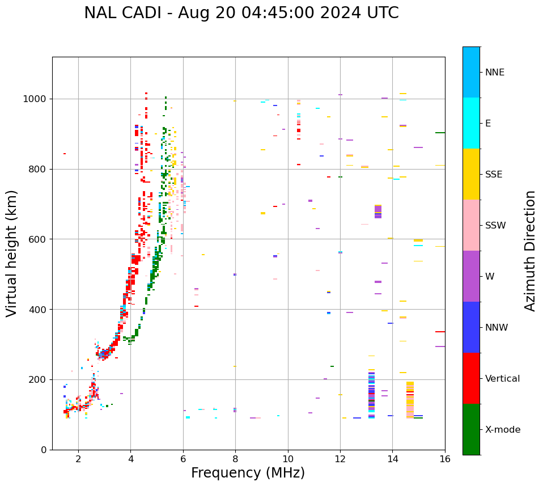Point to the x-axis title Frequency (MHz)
(x=248, y=473)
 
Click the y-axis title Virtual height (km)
(x=12, y=253)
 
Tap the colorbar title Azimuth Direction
(x=530, y=250)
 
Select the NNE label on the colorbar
(x=495, y=73)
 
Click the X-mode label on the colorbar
(x=503, y=430)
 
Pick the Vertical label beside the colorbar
(x=503, y=379)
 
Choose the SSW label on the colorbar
(x=495, y=226)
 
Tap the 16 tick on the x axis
(x=445, y=459)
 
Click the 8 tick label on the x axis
(x=235, y=459)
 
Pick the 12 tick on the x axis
(x=340, y=459)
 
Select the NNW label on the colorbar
(x=497, y=328)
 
